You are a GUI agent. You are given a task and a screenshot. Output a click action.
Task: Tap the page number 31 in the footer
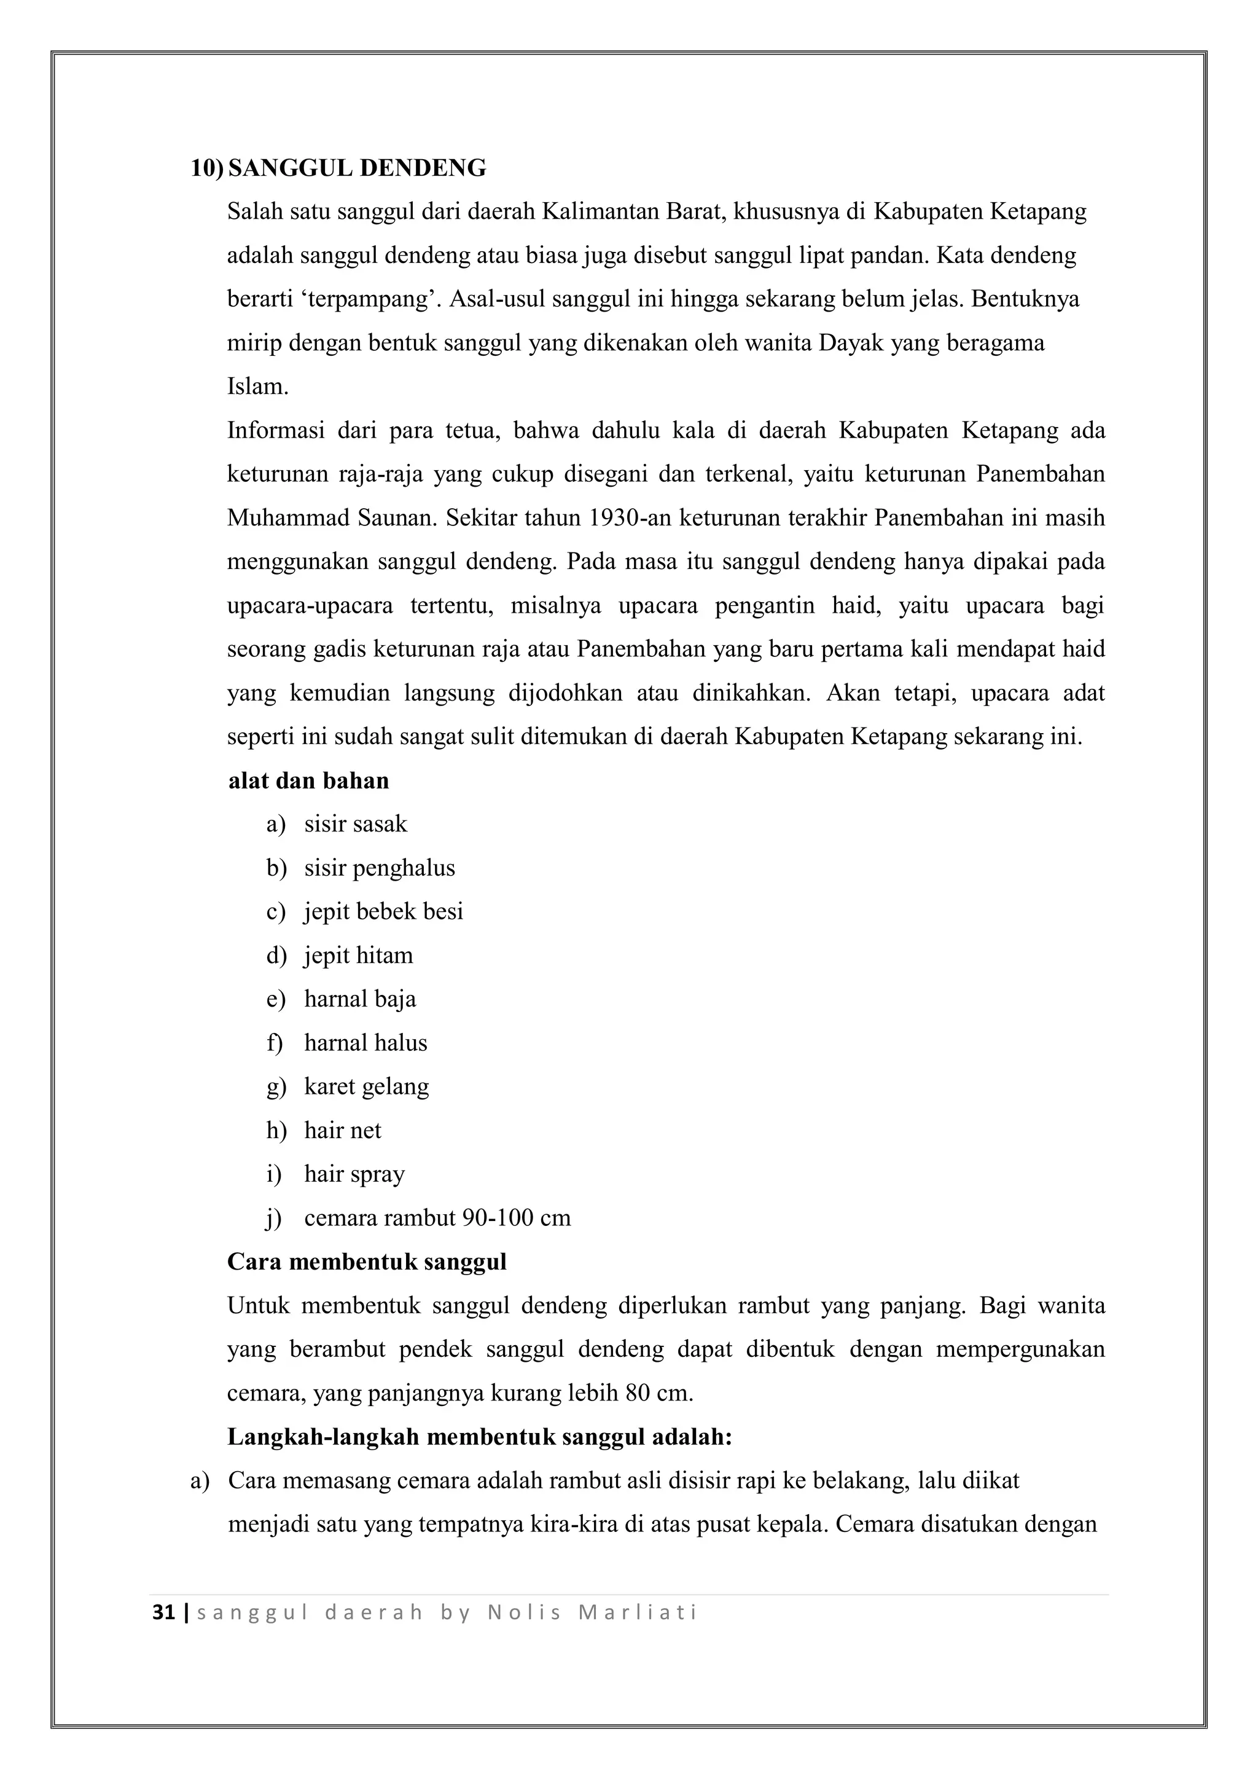163,1612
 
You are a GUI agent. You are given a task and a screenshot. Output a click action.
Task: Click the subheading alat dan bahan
308,780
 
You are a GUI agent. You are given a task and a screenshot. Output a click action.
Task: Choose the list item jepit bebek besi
383,911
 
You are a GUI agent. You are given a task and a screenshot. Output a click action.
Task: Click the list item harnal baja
359,999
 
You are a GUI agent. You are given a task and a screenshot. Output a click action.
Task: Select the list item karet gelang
366,1086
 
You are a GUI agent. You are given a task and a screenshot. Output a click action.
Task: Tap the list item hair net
342,1131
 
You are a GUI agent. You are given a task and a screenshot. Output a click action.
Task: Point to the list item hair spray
354,1174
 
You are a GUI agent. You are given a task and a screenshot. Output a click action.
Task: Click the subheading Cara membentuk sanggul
366,1262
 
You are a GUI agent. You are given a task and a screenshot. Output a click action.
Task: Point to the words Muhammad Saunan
332,517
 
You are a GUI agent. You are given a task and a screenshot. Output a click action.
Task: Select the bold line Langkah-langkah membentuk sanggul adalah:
480,1437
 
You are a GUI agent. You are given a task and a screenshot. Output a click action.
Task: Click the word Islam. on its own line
257,387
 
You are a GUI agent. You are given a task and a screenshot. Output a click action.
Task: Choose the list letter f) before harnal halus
274,1043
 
